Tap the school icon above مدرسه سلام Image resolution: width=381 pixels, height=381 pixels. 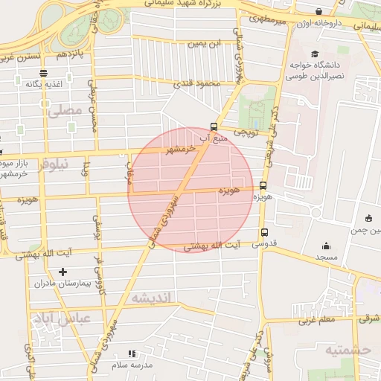[x=132, y=353]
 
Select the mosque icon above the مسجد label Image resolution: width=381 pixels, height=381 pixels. [x=326, y=246]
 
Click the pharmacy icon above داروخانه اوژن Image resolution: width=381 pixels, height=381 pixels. [x=319, y=12]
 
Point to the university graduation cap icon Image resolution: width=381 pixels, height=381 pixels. [x=315, y=54]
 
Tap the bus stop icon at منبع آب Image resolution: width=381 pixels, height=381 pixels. [x=214, y=127]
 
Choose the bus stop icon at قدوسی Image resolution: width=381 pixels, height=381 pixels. [x=265, y=231]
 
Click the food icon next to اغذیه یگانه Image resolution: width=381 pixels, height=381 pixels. [x=44, y=73]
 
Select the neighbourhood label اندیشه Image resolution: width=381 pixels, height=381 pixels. [x=152, y=298]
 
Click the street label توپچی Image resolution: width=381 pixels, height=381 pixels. [x=246, y=132]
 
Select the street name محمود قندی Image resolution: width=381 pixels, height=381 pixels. [x=198, y=83]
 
